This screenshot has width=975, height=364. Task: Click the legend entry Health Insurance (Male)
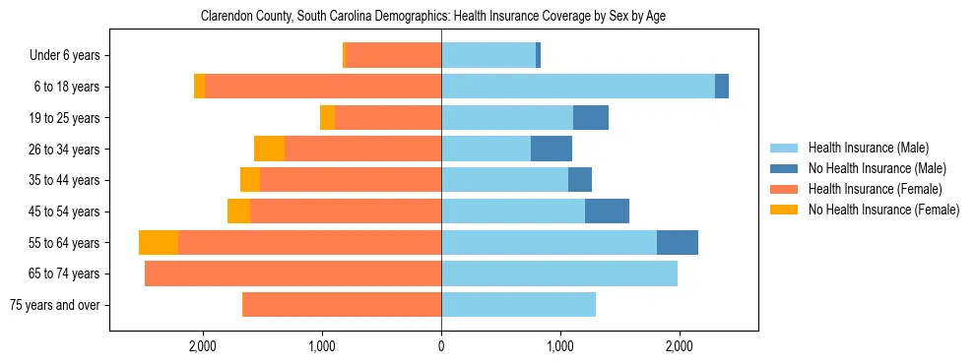point(868,148)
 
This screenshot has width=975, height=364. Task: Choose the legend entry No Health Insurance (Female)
point(883,210)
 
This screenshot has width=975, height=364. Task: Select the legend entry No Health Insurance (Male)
point(877,168)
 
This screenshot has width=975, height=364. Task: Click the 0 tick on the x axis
point(441,346)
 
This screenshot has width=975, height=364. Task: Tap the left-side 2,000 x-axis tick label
point(203,346)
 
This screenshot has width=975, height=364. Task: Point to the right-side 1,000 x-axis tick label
point(560,346)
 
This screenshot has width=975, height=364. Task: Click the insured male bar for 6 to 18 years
point(578,87)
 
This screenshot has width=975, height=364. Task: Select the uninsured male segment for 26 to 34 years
point(552,149)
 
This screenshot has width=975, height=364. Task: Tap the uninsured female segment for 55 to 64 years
point(159,242)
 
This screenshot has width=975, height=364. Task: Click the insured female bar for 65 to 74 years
point(292,273)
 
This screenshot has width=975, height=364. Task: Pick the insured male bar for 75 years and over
point(518,305)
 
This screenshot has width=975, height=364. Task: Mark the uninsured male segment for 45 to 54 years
point(607,212)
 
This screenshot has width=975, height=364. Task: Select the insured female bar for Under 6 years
point(394,55)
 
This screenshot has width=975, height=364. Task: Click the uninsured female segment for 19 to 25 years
point(327,117)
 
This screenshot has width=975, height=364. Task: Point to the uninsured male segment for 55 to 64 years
point(678,242)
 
